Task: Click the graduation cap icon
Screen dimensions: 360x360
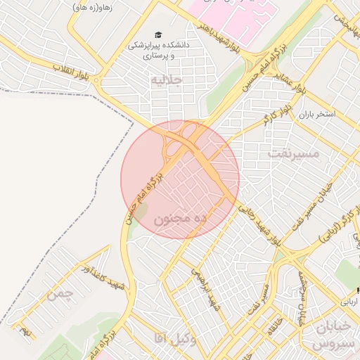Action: click(158, 34)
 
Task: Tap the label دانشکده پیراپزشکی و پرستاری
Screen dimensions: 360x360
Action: click(158, 49)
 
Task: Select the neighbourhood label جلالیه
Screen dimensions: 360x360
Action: click(166, 80)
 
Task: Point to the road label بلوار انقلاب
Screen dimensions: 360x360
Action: click(72, 71)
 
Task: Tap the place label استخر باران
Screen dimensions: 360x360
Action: click(317, 113)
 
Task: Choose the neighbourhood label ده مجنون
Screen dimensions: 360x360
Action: click(179, 219)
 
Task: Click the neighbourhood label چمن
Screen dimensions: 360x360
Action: click(60, 295)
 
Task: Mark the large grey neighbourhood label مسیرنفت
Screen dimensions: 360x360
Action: click(293, 151)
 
